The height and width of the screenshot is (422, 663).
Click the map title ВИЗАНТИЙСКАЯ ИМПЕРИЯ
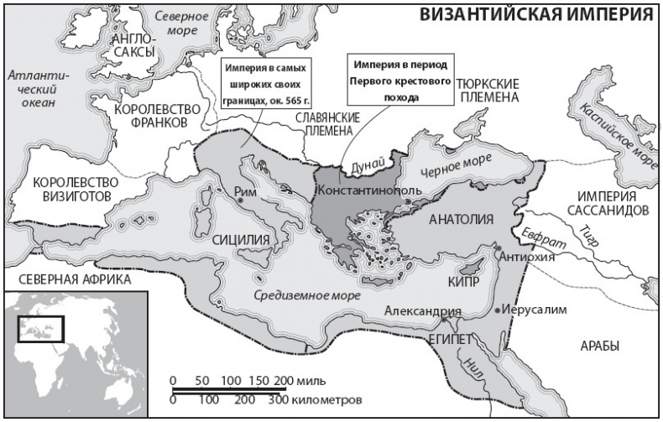point(536,15)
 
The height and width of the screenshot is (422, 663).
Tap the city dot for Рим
point(241,200)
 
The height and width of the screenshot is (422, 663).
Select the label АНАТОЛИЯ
point(462,221)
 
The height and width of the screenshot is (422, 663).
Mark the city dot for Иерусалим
point(501,310)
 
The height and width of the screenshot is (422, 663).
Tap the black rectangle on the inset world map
point(41,328)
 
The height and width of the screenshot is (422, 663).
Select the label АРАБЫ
point(599,346)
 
